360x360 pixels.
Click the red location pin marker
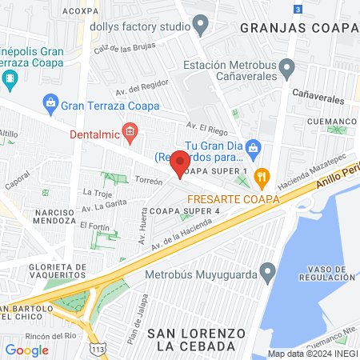(x=181, y=162)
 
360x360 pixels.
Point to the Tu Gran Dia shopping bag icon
(x=254, y=147)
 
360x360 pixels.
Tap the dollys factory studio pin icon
(x=201, y=26)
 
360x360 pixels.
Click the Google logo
(x=26, y=350)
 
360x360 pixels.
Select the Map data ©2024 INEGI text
(x=312, y=354)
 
